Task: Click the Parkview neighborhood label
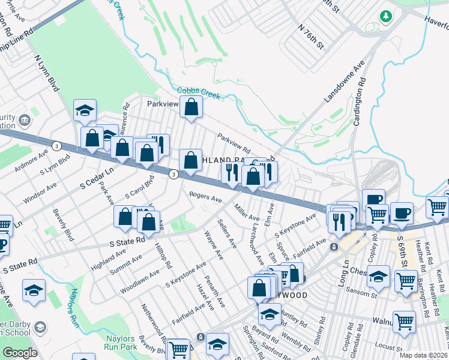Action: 163,104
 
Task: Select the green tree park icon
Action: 384,16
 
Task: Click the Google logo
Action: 20,353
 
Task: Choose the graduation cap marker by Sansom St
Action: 378,277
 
